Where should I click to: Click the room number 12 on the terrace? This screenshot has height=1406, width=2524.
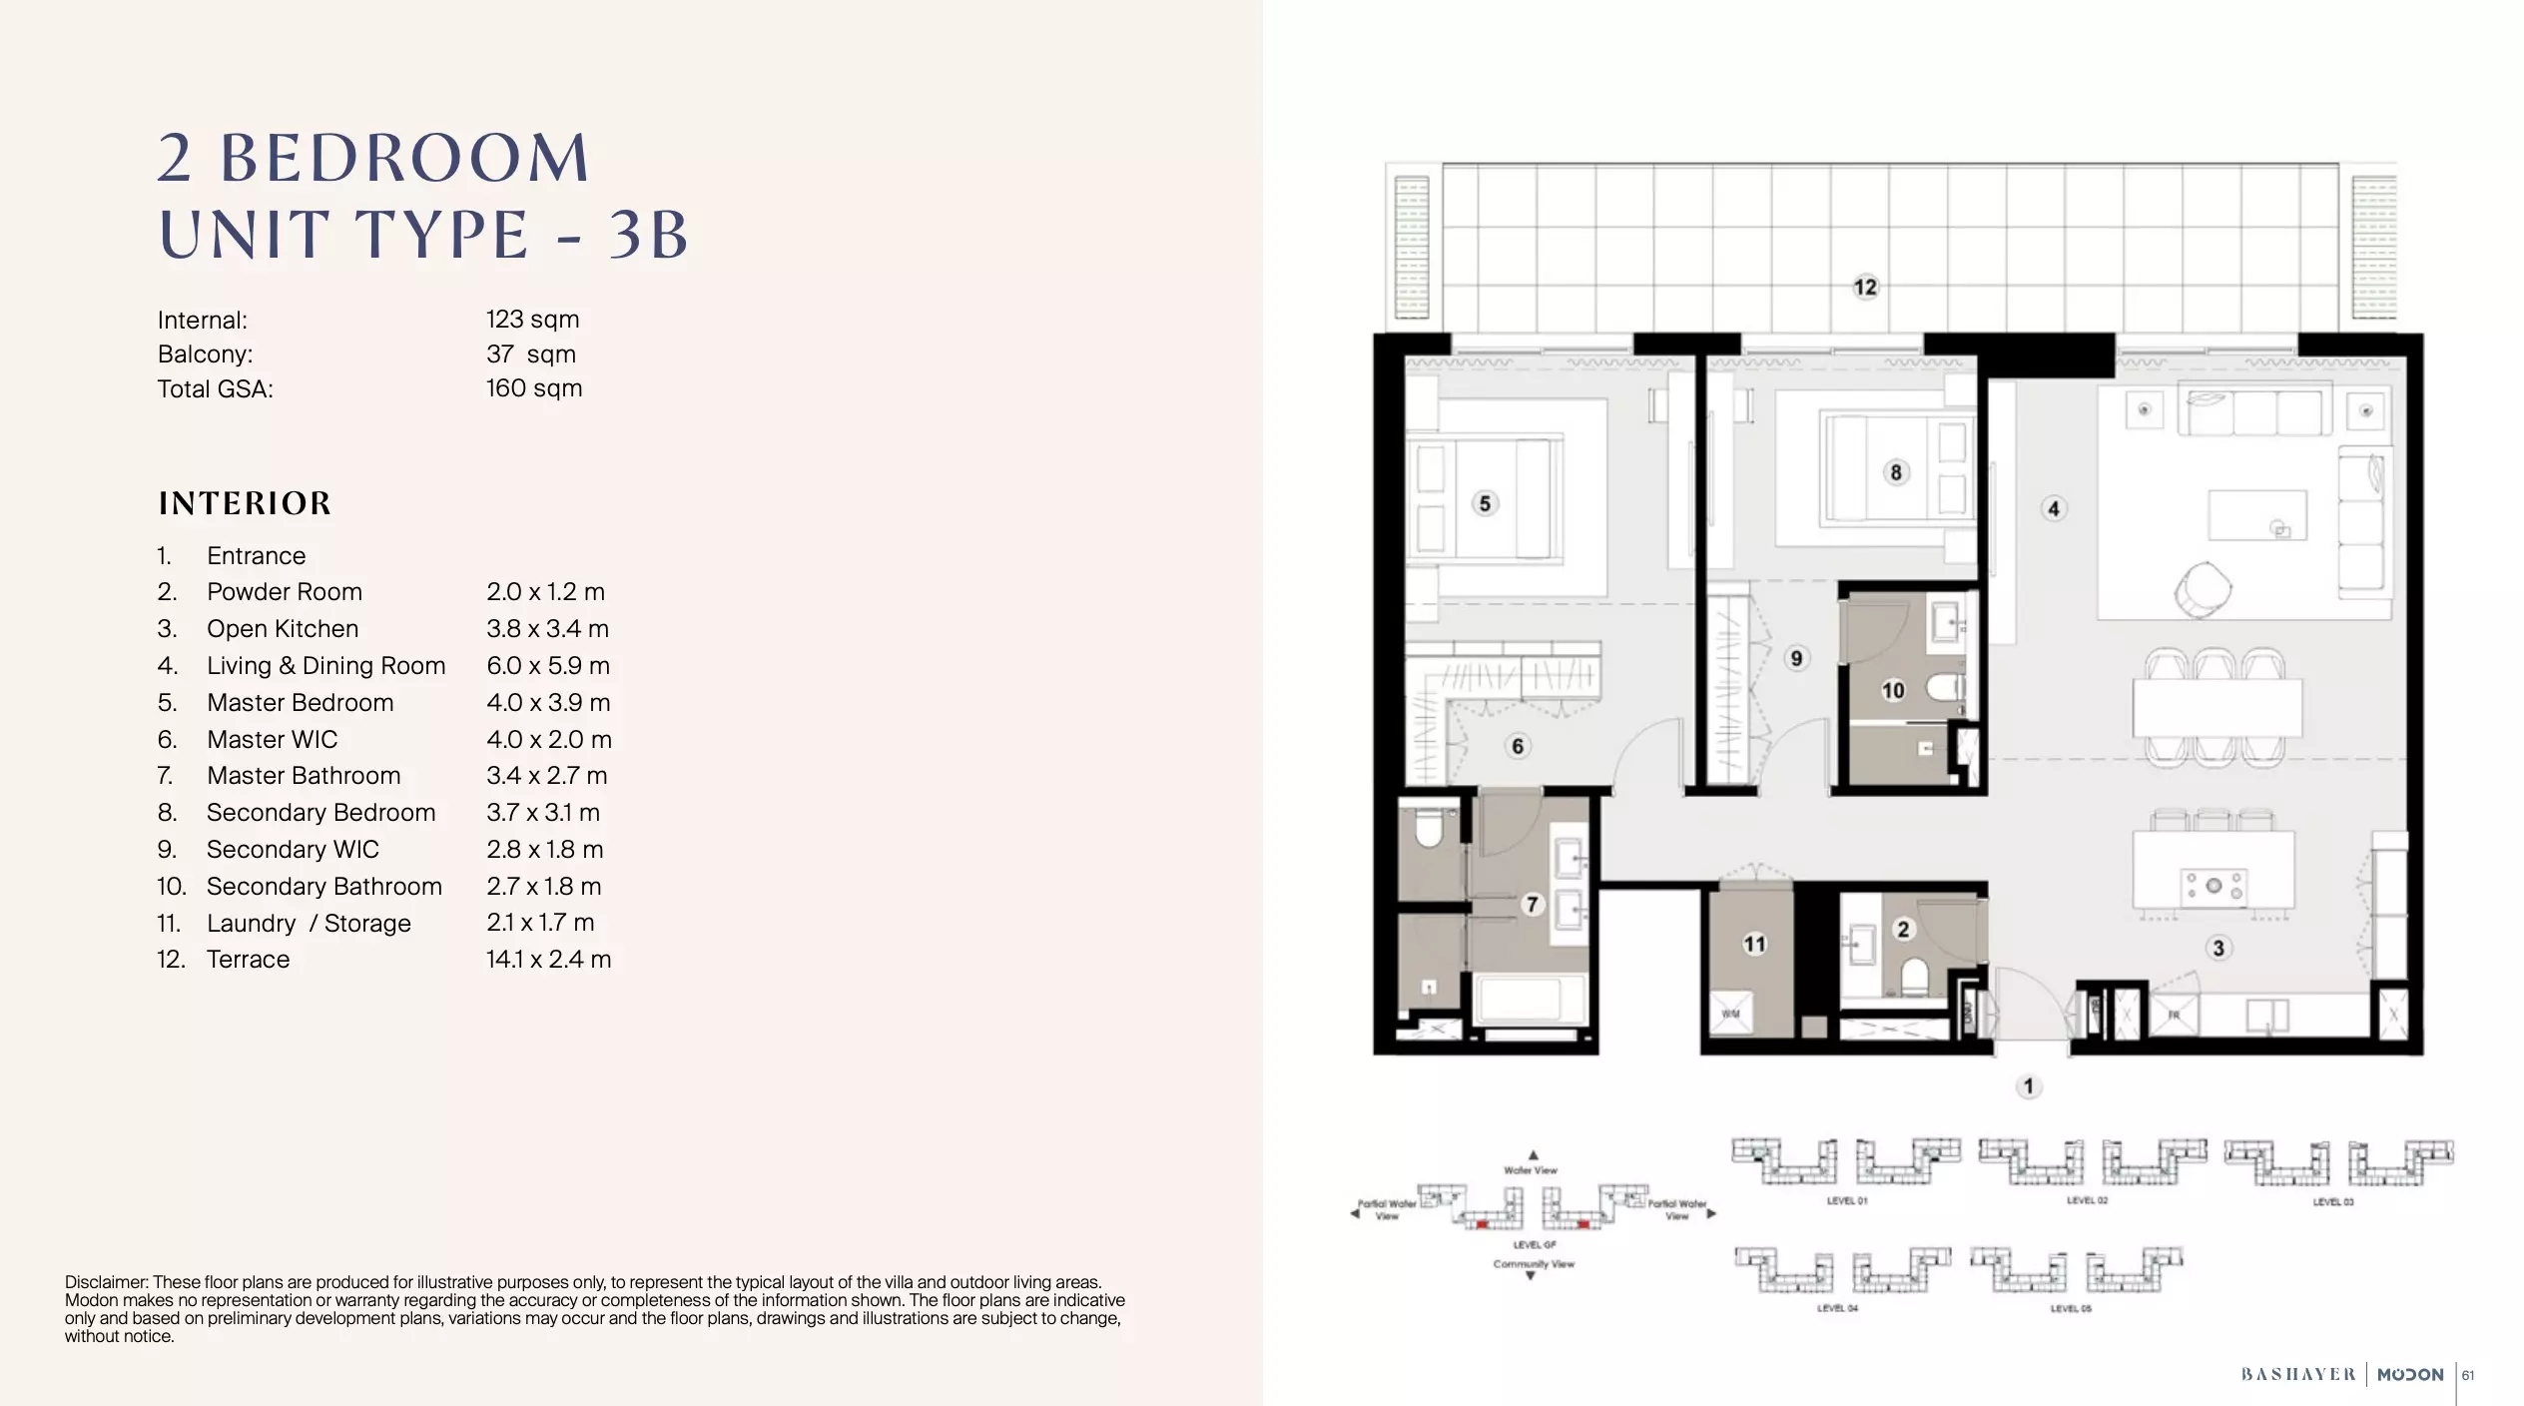[x=1865, y=288]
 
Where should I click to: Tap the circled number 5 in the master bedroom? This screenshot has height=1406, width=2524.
[x=1485, y=503]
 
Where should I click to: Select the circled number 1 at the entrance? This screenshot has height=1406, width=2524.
[x=2028, y=1085]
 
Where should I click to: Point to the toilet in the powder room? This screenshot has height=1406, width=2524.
[x=1913, y=976]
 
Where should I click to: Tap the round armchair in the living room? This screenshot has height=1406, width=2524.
[x=2202, y=589]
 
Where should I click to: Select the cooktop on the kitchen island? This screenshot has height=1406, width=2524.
[x=2213, y=886]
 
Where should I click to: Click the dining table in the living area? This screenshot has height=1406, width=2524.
[x=2217, y=707]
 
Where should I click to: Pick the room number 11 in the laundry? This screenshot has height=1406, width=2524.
[x=1754, y=944]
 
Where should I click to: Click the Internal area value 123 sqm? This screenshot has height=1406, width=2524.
[x=532, y=320]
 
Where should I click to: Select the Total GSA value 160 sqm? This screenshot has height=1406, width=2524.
[x=533, y=388]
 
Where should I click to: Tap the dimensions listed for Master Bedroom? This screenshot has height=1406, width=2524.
[x=548, y=703]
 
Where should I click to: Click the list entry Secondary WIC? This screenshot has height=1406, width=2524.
[x=293, y=850]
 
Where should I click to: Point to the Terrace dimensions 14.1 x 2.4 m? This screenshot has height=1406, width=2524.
[x=548, y=960]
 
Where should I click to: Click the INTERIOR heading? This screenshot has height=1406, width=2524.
[x=245, y=503]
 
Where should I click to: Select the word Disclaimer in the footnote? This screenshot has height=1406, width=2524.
[x=106, y=1282]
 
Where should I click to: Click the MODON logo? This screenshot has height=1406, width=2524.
[x=2410, y=1375]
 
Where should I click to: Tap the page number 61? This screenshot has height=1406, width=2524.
[x=2468, y=1375]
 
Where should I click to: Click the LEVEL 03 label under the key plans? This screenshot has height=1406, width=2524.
[x=2333, y=1201]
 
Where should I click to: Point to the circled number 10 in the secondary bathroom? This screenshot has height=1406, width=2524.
[x=1893, y=690]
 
